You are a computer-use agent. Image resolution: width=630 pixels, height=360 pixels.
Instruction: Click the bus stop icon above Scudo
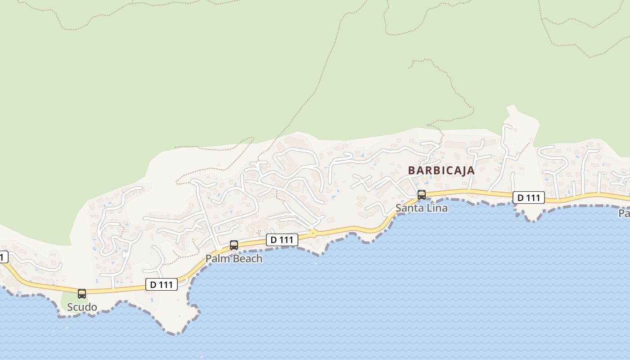[82, 294]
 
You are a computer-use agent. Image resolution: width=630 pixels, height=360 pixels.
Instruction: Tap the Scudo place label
[82, 307]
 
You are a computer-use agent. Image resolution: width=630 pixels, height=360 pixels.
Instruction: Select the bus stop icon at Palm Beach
[234, 245]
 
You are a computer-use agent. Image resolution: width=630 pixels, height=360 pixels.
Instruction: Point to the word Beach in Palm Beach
[247, 259]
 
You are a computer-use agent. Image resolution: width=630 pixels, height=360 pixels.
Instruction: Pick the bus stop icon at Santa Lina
[422, 195]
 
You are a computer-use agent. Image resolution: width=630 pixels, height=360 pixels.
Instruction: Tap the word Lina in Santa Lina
[437, 208]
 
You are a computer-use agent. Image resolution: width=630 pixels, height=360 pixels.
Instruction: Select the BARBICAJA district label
[441, 171]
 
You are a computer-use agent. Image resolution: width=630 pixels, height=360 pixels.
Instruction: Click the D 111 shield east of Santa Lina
[529, 198]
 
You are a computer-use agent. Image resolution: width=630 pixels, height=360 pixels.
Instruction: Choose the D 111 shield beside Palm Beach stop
[282, 240]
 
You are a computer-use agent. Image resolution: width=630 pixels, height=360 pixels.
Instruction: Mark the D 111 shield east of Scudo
[162, 284]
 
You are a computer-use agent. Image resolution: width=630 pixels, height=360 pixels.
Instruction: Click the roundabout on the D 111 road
[313, 234]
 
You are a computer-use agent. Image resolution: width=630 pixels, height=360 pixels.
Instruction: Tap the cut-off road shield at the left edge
[3, 257]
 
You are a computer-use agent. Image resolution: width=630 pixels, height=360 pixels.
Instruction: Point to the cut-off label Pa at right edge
[624, 213]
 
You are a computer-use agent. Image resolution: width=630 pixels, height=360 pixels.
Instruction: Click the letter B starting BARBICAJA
[411, 171]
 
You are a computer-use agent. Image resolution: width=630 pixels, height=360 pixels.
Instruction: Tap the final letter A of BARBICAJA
[471, 171]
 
